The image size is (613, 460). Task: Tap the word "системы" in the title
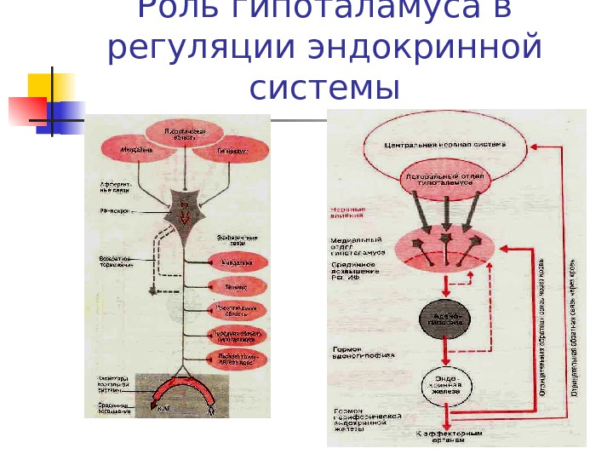pyautogui.click(x=325, y=87)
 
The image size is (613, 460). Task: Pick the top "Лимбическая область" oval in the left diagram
pyautogui.click(x=185, y=133)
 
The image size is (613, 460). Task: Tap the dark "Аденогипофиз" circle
pyautogui.click(x=444, y=319)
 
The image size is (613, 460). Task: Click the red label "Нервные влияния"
pyautogui.click(x=347, y=211)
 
